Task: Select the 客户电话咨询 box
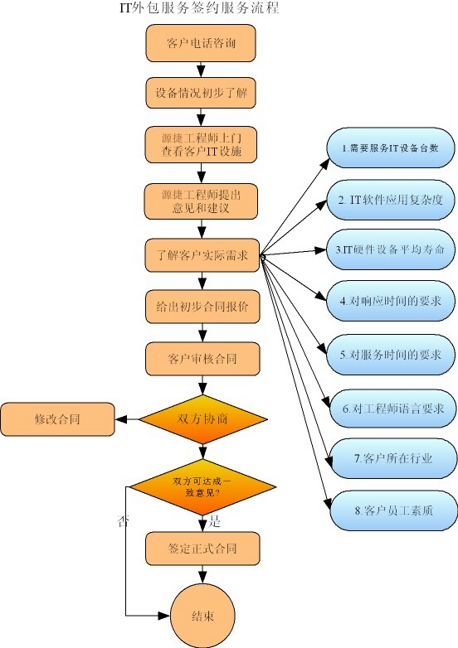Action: (x=201, y=43)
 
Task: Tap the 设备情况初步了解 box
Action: (x=201, y=93)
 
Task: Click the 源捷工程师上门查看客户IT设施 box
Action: (x=201, y=144)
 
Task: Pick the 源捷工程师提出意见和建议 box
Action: (x=201, y=200)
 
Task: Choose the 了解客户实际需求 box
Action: (x=201, y=254)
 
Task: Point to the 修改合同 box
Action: (x=56, y=419)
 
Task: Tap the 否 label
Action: (x=124, y=521)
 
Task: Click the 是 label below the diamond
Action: (x=215, y=521)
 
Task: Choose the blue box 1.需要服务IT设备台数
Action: (x=389, y=149)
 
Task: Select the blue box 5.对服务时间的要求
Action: (x=389, y=355)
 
